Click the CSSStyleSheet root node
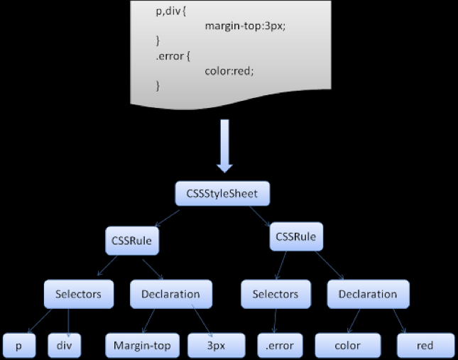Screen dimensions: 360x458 click(x=223, y=193)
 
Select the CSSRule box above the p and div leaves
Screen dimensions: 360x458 click(x=131, y=241)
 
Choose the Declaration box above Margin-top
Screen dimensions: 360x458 click(x=170, y=294)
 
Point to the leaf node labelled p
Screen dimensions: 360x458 click(x=19, y=346)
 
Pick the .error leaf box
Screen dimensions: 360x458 click(x=279, y=346)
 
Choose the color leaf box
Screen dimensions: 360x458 click(x=347, y=346)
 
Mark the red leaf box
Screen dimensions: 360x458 click(x=425, y=346)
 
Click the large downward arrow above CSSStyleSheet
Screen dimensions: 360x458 click(x=224, y=146)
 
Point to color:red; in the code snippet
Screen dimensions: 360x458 click(x=229, y=70)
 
